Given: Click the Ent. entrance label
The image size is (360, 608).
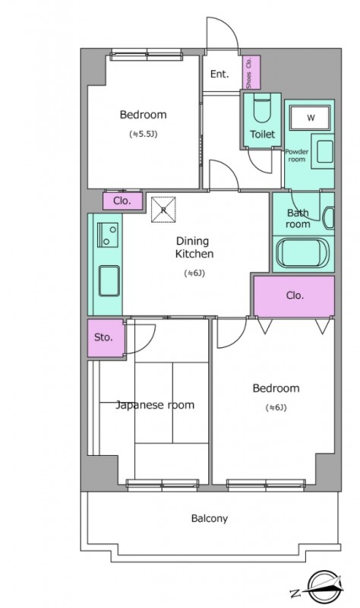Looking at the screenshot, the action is (x=219, y=74).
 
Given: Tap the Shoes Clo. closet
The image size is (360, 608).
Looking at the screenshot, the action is (x=251, y=72).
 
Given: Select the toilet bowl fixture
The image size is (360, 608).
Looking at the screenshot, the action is (x=262, y=110).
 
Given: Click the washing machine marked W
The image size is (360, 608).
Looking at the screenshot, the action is (x=311, y=118).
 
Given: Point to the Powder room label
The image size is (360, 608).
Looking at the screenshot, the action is (x=297, y=156).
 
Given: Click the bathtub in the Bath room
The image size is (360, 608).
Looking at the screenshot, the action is (x=302, y=253).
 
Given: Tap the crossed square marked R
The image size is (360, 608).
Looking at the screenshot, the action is (x=163, y=210).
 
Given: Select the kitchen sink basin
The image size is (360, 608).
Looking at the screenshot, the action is (x=109, y=280).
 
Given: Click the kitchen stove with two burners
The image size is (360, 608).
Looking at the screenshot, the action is (x=107, y=235).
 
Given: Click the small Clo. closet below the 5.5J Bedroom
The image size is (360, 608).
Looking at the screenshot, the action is (x=122, y=201).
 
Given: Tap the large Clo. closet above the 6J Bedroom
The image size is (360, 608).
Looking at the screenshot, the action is (x=294, y=296).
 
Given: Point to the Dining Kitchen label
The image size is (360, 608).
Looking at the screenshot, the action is (x=194, y=248).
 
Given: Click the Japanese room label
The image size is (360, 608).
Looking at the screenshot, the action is (x=155, y=405).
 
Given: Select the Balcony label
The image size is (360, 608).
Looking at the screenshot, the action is (x=210, y=518).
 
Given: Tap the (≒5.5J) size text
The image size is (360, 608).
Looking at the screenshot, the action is (x=143, y=135).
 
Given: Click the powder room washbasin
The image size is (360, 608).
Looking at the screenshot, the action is (x=325, y=150).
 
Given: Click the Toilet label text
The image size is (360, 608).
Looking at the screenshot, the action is (x=262, y=135).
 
